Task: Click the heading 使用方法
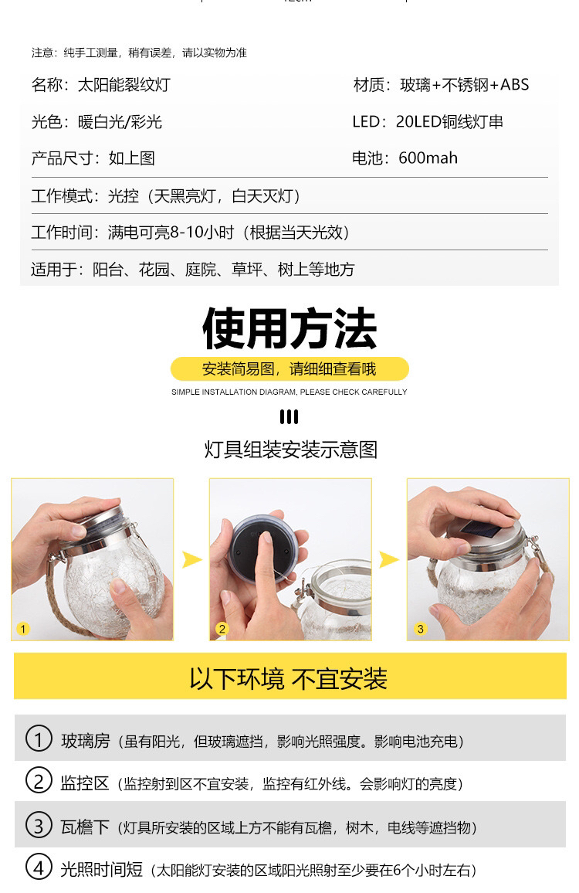pos(289,328)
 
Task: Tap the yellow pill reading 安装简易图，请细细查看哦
pos(289,369)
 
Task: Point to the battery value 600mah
pos(428,158)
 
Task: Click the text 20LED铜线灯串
pos(450,121)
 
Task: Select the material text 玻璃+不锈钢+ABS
pos(465,85)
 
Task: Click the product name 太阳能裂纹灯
pos(124,85)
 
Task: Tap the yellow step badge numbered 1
pos(22,629)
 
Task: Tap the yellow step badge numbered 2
pos(222,629)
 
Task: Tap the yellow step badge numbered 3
pos(420,629)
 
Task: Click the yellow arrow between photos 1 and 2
pos(192,559)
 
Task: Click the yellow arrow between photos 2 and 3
pos(389,559)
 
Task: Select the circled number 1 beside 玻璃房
pos(39,738)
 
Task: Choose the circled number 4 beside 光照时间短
pos(39,867)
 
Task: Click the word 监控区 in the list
pos(85,783)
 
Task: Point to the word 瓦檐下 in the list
pos(85,827)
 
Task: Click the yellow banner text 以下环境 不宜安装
pos(289,678)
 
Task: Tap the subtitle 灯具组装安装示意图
pos(291,450)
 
